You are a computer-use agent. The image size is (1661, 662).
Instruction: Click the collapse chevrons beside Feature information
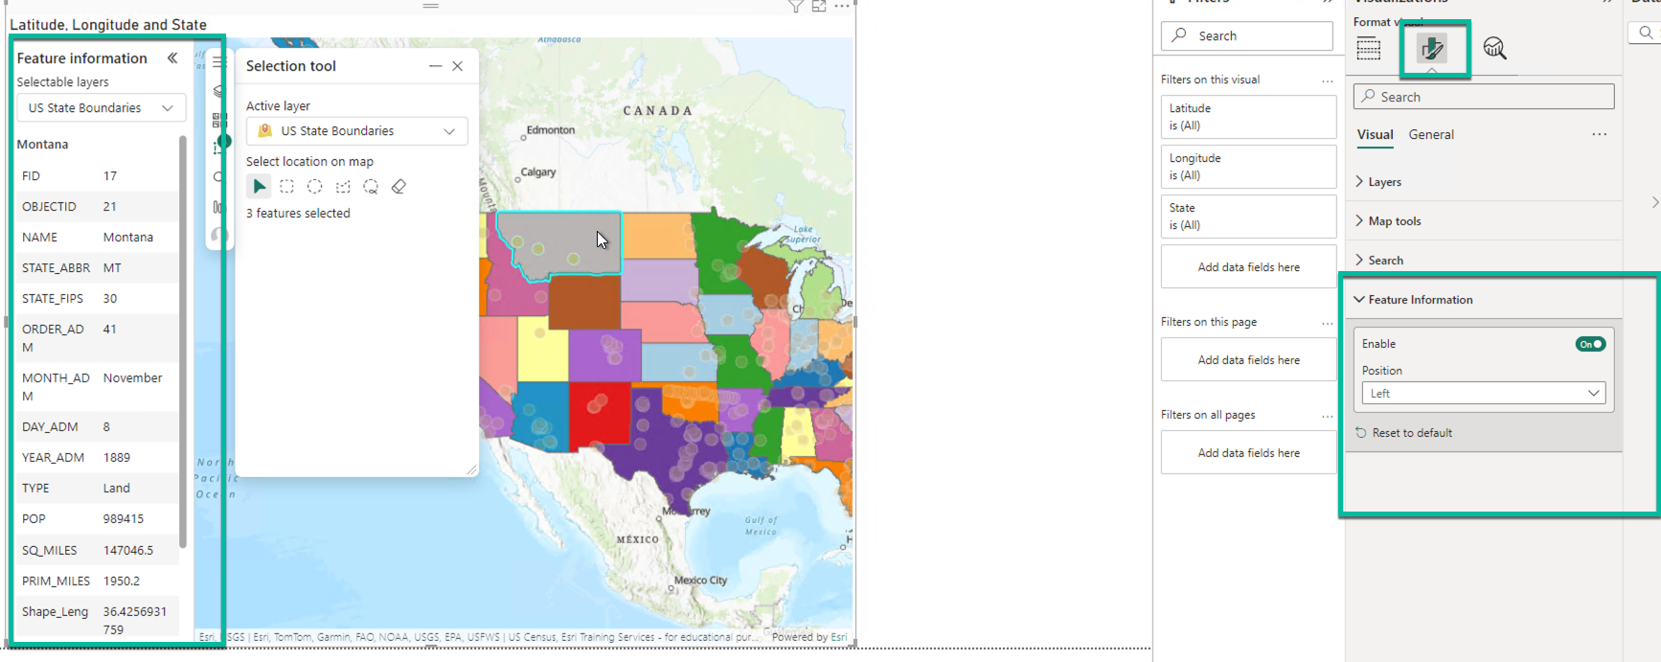172,58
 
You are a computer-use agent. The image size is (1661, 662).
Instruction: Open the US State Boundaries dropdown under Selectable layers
101,108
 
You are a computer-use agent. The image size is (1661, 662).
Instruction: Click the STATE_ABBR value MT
112,268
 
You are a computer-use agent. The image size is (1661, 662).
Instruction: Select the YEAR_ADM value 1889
117,458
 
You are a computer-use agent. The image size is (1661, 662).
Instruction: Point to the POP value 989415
124,519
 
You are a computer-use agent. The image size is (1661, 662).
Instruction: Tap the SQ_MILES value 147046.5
128,551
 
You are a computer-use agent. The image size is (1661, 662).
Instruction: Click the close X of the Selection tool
458,66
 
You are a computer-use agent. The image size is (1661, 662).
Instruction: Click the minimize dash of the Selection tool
435,66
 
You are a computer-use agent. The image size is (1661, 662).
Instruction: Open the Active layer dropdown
356,131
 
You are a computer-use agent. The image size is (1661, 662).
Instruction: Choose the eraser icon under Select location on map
398,187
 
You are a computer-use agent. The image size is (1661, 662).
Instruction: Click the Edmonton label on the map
551,130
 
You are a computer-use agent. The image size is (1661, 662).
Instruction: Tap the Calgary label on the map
537,172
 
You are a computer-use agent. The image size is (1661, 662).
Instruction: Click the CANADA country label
658,111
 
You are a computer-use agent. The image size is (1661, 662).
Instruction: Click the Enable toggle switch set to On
1590,344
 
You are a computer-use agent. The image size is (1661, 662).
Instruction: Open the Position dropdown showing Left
1483,394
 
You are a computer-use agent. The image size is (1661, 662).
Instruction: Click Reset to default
1411,433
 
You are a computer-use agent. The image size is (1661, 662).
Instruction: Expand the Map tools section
1394,221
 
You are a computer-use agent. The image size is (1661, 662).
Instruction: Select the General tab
1431,135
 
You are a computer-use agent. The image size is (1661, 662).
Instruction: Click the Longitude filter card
1247,167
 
